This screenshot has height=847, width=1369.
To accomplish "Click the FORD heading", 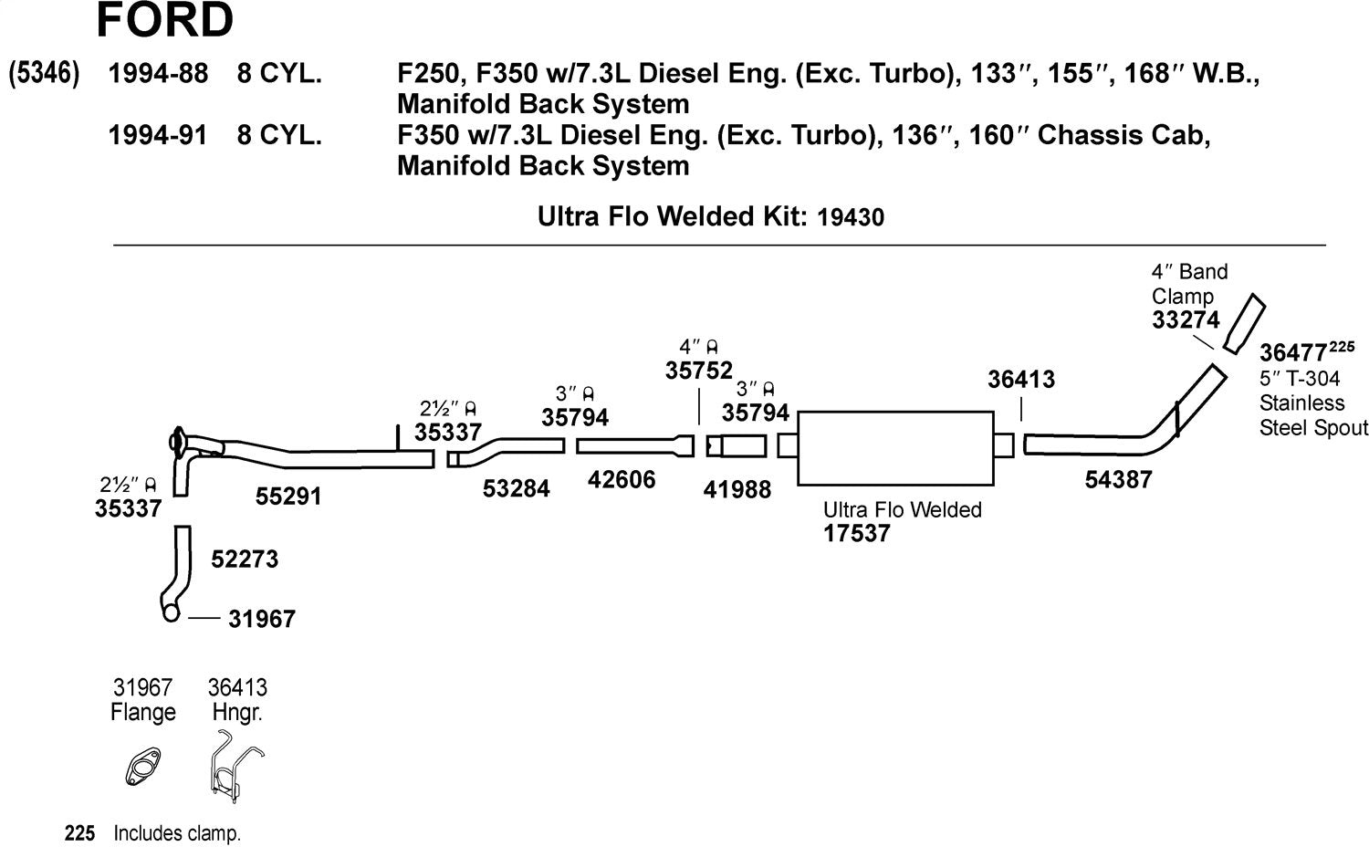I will pyautogui.click(x=164, y=20).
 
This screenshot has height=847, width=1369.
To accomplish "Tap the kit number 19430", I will pyautogui.click(x=851, y=217).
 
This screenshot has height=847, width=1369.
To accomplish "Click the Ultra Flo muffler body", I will pyautogui.click(x=895, y=447).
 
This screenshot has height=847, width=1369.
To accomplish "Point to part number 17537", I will pyautogui.click(x=856, y=534).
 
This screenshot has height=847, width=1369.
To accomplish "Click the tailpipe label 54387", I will pyautogui.click(x=1118, y=479).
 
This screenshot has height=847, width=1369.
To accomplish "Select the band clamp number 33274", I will pyautogui.click(x=1186, y=320).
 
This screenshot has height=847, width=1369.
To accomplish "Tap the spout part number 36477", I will pyautogui.click(x=1293, y=353).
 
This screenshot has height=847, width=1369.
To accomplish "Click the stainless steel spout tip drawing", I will pyautogui.click(x=1244, y=324).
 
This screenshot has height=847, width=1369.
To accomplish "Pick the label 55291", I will pyautogui.click(x=288, y=497).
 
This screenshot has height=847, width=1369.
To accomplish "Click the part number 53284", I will pyautogui.click(x=517, y=489).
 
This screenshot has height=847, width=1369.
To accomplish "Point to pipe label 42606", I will pyautogui.click(x=622, y=480).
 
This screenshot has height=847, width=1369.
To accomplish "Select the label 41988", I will pyautogui.click(x=737, y=490).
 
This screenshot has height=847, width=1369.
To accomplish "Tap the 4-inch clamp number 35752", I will pyautogui.click(x=699, y=371).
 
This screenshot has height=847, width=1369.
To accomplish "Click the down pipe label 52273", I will pyautogui.click(x=245, y=559).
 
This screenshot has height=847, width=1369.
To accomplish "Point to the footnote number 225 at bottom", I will pyautogui.click(x=80, y=833).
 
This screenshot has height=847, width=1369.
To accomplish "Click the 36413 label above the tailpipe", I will pyautogui.click(x=1021, y=380).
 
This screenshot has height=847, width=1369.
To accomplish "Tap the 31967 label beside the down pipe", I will pyautogui.click(x=262, y=620).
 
